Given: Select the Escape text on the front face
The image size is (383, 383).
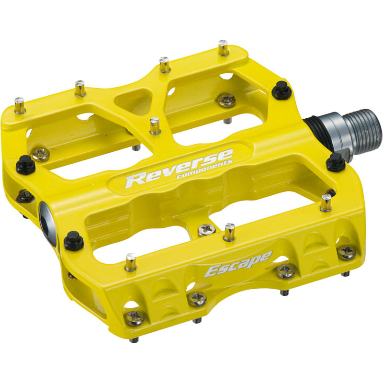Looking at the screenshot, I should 238,265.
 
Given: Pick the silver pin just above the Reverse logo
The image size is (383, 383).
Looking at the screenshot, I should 155,125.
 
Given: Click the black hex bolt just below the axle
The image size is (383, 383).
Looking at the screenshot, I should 336,162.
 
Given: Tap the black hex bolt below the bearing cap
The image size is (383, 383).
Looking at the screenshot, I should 73,239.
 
